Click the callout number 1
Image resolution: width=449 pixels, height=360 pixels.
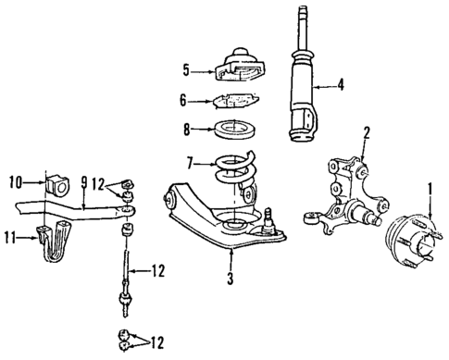point(429,192)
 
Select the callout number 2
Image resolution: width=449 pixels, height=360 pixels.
point(368,132)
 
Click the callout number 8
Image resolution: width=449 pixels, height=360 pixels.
point(186,130)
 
